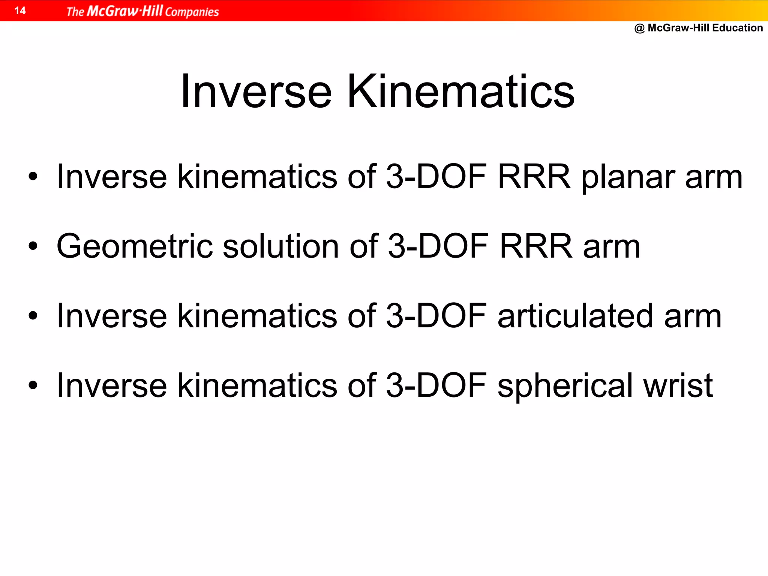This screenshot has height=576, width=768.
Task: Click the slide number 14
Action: tap(20, 10)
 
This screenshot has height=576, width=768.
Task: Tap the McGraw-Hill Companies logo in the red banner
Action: tap(142, 11)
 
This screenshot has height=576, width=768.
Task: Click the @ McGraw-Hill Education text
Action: tap(698, 28)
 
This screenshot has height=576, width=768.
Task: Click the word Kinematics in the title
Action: tap(461, 92)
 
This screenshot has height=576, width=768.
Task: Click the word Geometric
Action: tap(134, 247)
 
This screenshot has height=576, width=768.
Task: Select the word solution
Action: tap(281, 246)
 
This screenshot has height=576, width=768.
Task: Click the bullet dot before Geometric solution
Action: tap(33, 246)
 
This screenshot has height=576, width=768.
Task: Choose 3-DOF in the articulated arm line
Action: tap(436, 316)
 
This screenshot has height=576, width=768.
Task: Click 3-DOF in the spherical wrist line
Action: tap(436, 385)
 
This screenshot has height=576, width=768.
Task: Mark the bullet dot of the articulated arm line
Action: tap(33, 316)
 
